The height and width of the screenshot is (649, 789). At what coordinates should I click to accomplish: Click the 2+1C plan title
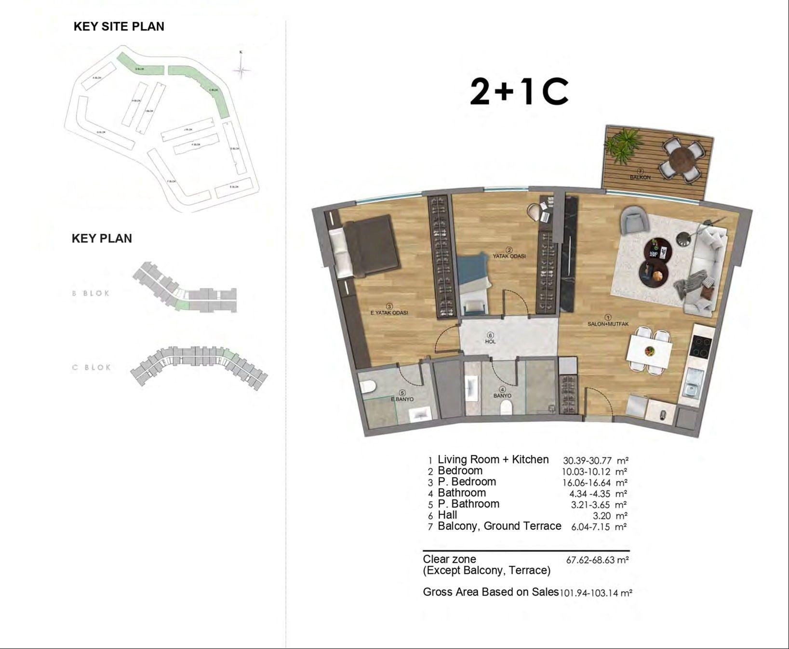(x=519, y=92)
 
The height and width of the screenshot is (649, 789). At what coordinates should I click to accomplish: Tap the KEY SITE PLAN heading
(x=119, y=26)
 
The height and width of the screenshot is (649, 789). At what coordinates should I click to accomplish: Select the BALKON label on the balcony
(x=640, y=177)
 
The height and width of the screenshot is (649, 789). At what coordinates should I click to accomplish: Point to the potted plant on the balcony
(x=621, y=143)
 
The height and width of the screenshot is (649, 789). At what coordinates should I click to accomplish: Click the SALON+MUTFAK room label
(x=608, y=324)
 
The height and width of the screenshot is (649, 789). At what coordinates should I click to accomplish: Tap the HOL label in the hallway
(x=490, y=341)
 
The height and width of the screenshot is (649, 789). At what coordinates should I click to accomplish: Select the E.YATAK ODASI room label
(x=389, y=313)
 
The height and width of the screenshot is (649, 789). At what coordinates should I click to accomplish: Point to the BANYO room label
(x=502, y=396)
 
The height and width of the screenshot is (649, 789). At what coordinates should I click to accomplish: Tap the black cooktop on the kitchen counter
(x=700, y=346)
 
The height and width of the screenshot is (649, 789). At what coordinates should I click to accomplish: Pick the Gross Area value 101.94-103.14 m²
(x=596, y=593)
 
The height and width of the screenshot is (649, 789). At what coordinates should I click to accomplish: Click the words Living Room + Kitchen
(x=493, y=460)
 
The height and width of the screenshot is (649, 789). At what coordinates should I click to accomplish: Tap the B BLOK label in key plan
(x=91, y=293)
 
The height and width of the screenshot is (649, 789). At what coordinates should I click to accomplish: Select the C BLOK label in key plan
(x=92, y=367)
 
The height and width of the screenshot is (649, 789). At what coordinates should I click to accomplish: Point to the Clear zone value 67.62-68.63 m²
(x=597, y=560)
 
